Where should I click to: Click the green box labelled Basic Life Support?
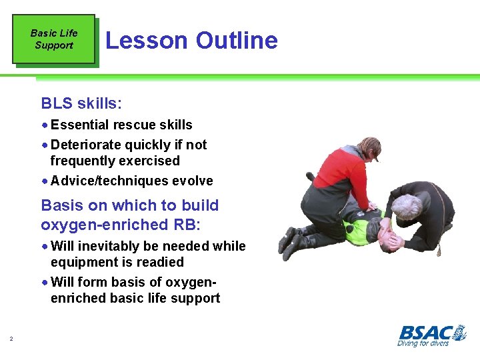click(x=53, y=39)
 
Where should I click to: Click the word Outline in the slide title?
click(x=236, y=41)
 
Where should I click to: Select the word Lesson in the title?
click(x=147, y=41)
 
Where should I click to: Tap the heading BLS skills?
click(x=81, y=103)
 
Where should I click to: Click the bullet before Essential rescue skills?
click(x=45, y=125)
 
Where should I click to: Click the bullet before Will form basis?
click(x=45, y=283)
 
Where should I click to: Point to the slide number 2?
click(x=11, y=340)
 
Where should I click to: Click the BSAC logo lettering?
click(x=431, y=332)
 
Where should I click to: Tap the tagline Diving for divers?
click(x=423, y=343)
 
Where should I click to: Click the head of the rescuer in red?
click(x=369, y=149)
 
